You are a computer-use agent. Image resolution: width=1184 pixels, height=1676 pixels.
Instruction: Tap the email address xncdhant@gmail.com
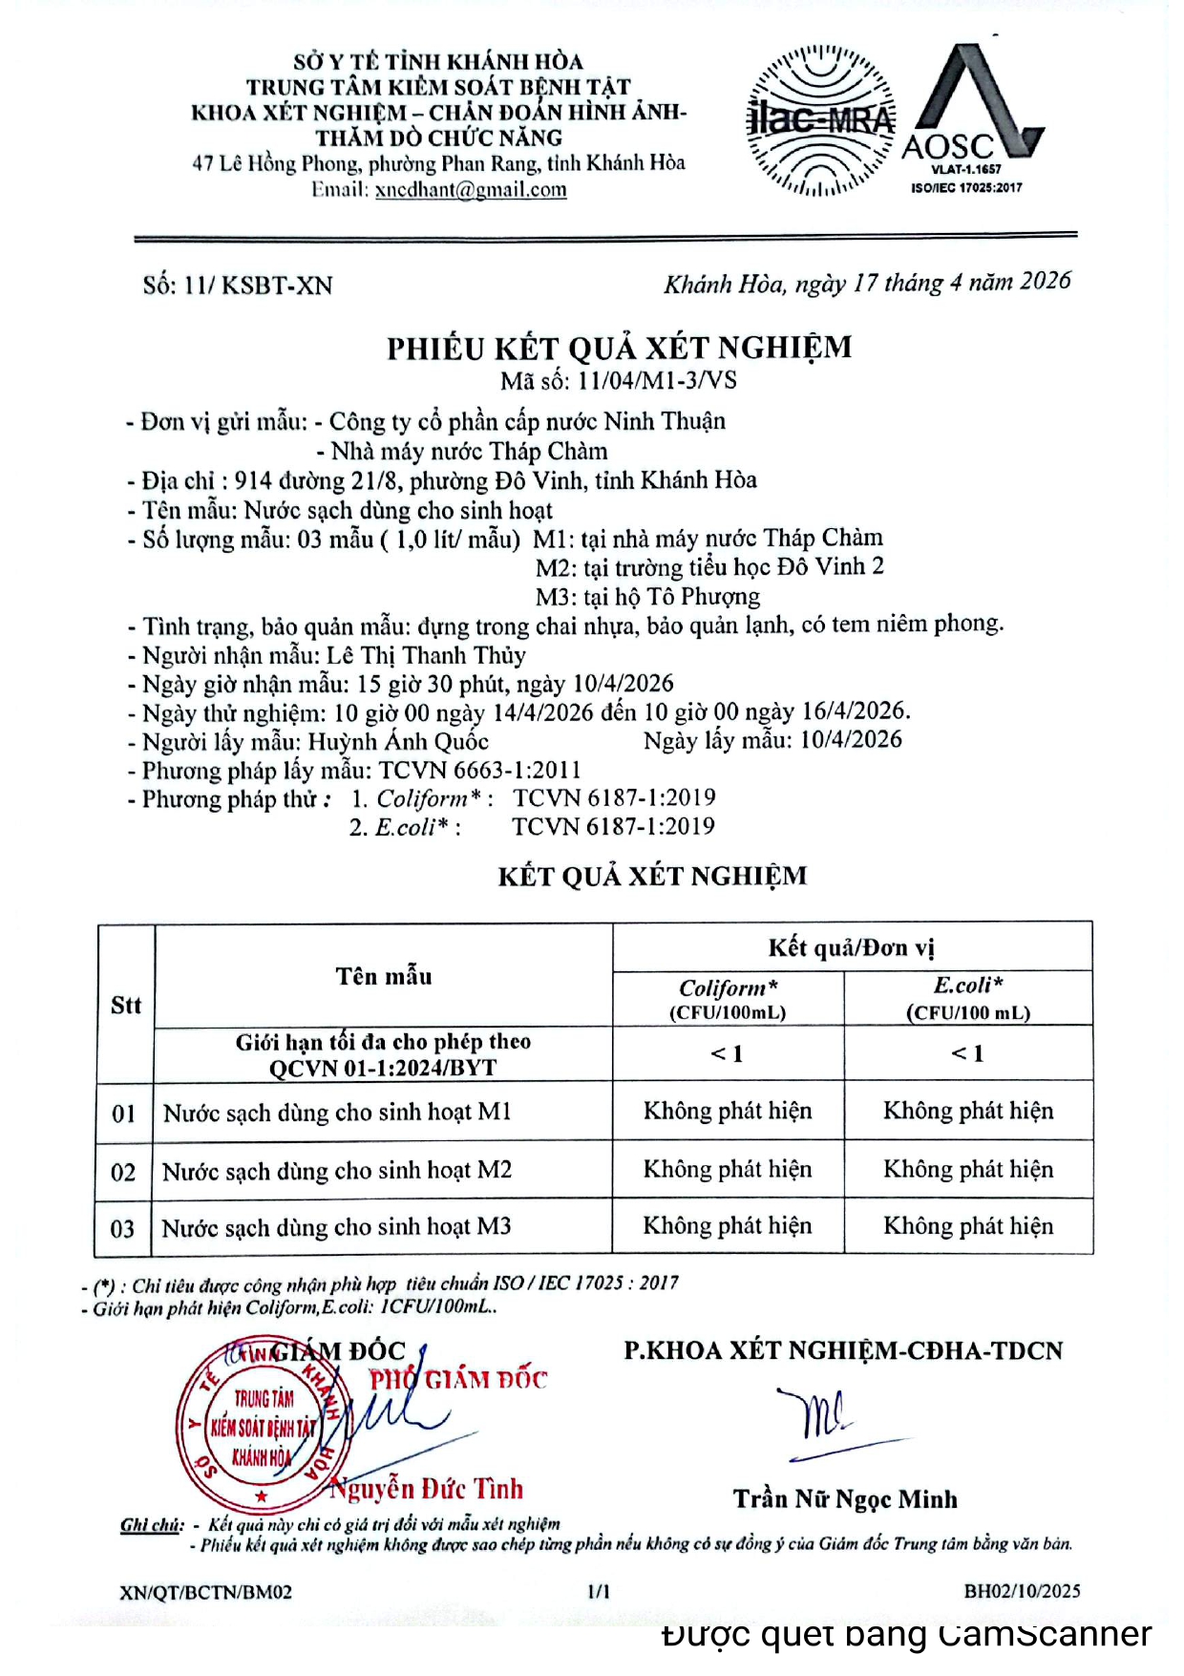471,189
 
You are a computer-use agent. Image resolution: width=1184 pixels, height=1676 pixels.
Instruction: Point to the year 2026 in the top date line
1045,280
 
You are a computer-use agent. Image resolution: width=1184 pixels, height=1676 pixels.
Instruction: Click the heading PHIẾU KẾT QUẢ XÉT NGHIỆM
619,348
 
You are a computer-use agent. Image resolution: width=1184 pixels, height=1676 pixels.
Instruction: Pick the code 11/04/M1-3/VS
657,380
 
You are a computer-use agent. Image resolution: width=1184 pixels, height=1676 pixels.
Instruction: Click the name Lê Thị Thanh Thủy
426,655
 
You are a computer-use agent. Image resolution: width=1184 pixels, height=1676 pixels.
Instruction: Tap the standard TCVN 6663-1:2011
479,770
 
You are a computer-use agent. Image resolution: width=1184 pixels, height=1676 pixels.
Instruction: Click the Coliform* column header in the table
728,998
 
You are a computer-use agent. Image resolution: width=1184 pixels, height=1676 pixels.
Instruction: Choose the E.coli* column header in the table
967,997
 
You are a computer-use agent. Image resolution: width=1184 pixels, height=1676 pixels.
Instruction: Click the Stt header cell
125,1005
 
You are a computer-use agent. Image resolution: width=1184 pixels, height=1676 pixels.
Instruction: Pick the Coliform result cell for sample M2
728,1169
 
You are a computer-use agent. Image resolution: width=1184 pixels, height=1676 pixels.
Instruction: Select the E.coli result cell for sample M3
968,1225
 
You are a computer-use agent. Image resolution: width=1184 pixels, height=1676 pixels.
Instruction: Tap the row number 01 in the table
124,1114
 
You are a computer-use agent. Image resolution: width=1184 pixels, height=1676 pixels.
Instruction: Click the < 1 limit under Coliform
728,1053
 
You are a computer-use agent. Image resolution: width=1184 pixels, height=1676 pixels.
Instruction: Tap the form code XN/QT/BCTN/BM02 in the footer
206,1592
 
